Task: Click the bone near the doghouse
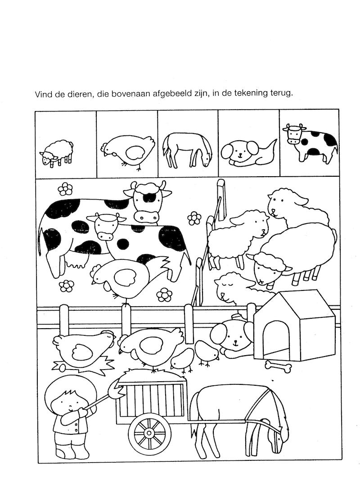278,367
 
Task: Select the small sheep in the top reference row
57,152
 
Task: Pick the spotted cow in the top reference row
310,143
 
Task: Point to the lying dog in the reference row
248,153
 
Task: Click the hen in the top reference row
128,151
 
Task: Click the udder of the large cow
75,260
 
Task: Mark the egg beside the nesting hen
61,368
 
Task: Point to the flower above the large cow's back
65,189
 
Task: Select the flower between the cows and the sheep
194,219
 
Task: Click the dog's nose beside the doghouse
235,342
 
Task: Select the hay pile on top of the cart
151,376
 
